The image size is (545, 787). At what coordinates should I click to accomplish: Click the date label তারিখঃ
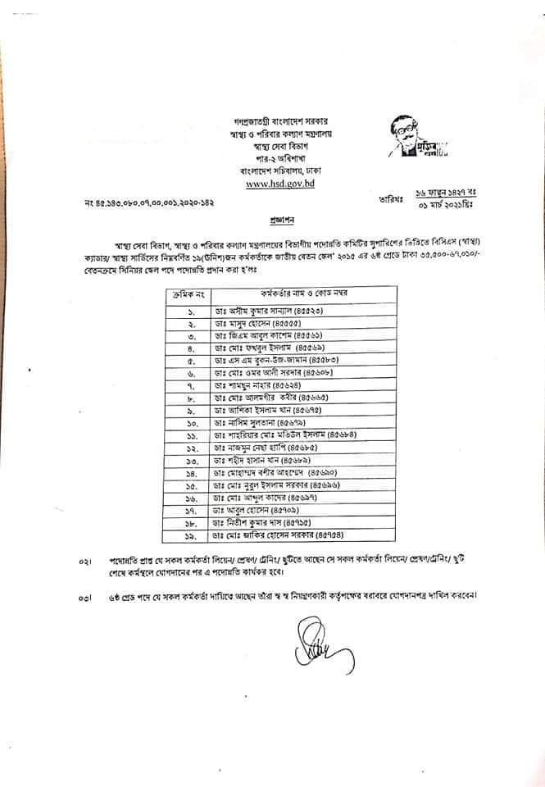[x=389, y=197]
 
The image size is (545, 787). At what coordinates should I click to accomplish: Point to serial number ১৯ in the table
[x=188, y=535]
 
